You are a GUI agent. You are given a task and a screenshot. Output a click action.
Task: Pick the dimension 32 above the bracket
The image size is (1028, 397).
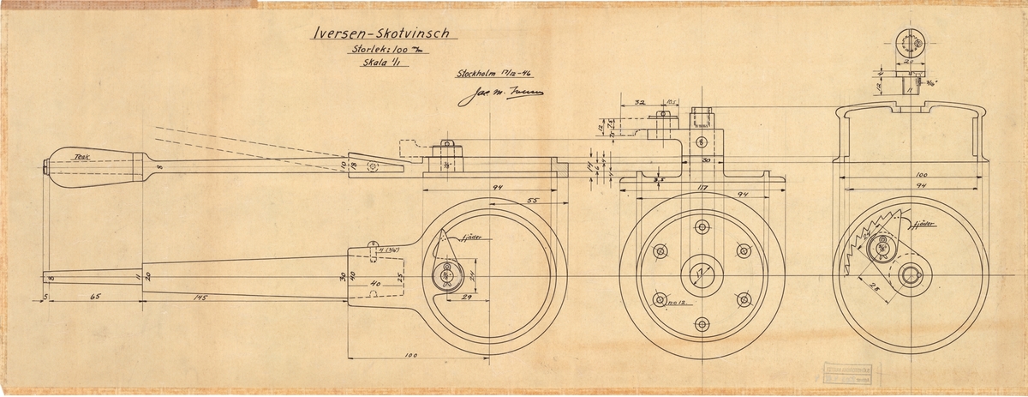click(x=640, y=101)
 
